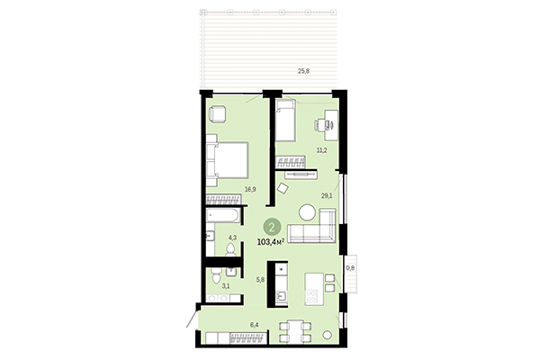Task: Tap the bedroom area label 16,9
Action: coord(251,189)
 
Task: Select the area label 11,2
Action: coord(321,150)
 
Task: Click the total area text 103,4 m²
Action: coord(272,241)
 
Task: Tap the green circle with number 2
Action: coord(271,227)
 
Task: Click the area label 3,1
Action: coord(226,285)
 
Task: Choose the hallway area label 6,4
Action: coord(254,323)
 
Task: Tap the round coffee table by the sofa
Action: coord(309,213)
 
